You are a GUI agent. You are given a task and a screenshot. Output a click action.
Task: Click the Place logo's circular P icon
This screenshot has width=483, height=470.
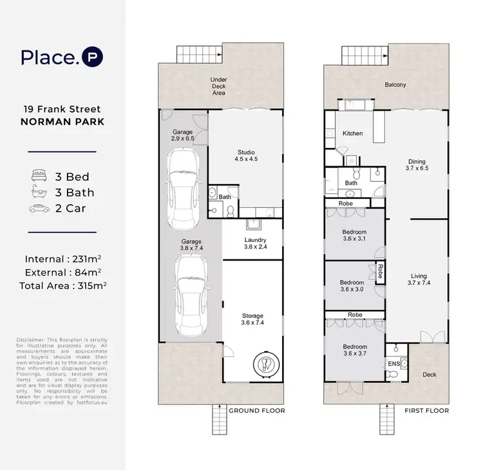[92, 57]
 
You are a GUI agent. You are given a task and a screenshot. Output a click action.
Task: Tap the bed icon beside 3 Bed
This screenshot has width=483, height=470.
[39, 175]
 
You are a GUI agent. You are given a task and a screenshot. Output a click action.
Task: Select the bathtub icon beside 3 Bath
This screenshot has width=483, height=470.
[39, 191]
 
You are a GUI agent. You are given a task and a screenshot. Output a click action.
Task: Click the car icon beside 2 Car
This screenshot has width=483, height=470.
[39, 209]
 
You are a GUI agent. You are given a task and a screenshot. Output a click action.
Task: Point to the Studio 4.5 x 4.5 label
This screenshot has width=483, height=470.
[246, 156]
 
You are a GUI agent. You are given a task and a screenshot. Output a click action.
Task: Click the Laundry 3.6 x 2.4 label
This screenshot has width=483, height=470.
[256, 243]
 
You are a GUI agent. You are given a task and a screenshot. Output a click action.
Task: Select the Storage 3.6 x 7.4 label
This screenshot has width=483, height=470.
[252, 319]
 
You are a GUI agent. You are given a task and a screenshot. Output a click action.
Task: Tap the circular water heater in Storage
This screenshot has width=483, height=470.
[266, 364]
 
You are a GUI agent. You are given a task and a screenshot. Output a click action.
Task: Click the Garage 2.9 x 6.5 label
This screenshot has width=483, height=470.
[183, 135]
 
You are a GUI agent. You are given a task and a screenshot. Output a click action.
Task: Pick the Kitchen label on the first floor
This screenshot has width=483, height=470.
[353, 133]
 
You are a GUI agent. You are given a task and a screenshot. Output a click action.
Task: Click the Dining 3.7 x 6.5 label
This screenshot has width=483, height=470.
[417, 165]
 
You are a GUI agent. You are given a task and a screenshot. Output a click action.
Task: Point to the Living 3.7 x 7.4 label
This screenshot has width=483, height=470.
[419, 279]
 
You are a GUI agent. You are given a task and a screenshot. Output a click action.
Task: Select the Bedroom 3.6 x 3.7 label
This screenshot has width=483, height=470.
[355, 350]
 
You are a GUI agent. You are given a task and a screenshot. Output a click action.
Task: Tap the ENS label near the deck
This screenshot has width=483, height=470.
[394, 364]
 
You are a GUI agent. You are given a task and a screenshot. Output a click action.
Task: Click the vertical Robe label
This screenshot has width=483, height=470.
[381, 271]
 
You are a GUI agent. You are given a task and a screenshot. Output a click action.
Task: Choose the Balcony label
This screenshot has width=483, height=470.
[395, 85]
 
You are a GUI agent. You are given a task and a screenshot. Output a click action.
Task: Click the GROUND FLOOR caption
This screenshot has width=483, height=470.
[257, 411]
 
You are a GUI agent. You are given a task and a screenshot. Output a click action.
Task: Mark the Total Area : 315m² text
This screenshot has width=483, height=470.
[63, 286]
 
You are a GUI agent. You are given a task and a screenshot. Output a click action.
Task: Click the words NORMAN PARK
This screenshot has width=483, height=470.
[62, 122]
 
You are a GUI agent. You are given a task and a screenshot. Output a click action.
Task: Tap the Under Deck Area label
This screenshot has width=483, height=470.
[218, 86]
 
